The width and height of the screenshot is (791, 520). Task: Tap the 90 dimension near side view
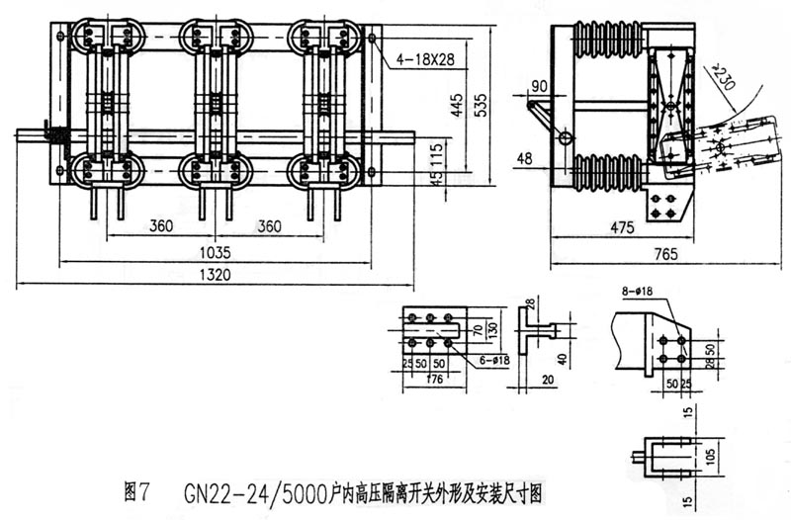(x=539, y=83)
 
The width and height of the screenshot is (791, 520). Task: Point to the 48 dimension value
(x=525, y=157)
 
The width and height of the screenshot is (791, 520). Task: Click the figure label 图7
(x=137, y=488)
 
